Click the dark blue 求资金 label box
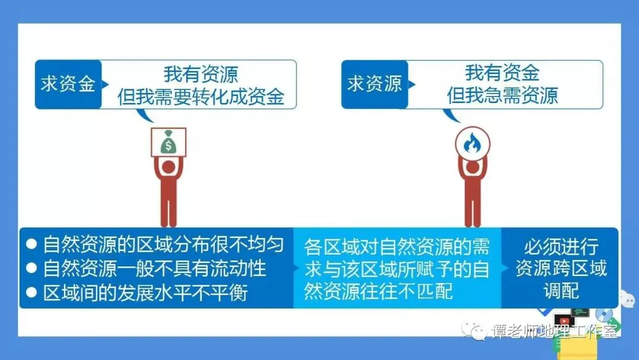point(68,85)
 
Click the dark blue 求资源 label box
point(375,85)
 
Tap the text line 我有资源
point(201,74)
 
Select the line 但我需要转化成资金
point(201,97)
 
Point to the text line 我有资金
point(502,73)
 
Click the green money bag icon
point(168,142)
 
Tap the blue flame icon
point(472,143)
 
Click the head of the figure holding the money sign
point(168,167)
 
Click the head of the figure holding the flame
point(472,167)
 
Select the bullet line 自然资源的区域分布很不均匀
point(163,244)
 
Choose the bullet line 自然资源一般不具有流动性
point(154,268)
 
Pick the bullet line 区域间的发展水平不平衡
point(146,292)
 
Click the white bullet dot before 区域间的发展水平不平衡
point(31,292)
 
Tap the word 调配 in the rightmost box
point(561,291)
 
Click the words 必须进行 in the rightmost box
point(561,247)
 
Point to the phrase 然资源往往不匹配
point(379,291)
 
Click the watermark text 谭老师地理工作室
point(554,331)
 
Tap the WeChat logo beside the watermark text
point(473,330)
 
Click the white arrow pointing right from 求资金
point(105,85)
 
